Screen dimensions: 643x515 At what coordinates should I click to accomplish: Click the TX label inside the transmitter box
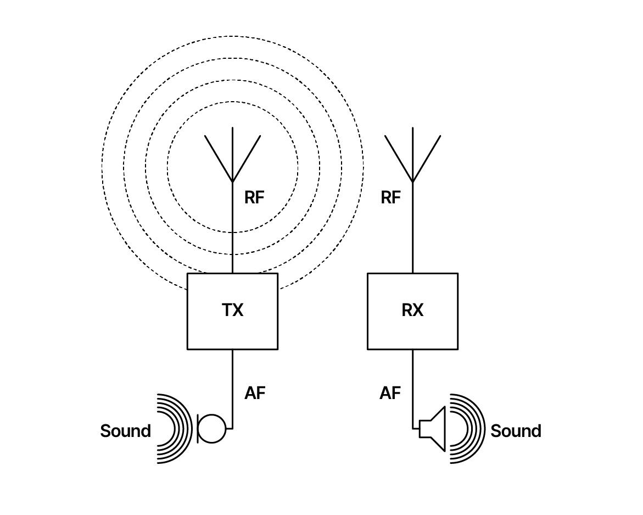[x=232, y=310]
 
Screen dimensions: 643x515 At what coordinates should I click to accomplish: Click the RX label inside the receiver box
[x=412, y=310]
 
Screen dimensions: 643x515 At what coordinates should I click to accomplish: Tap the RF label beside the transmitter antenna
[x=254, y=197]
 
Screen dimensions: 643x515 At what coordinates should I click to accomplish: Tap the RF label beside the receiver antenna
[x=390, y=197]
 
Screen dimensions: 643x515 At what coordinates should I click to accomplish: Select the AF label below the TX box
[x=255, y=393]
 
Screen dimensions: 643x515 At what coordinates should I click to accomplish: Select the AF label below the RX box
[x=390, y=393]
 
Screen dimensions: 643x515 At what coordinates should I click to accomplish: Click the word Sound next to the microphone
[x=126, y=431]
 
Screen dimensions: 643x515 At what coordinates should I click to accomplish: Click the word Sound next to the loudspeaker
[x=516, y=431]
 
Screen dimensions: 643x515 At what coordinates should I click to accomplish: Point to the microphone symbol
[x=211, y=429]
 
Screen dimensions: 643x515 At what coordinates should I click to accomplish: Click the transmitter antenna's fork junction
[x=232, y=181]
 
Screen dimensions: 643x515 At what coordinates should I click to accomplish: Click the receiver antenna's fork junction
[x=412, y=181]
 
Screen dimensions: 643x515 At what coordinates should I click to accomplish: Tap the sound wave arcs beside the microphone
[x=190, y=429]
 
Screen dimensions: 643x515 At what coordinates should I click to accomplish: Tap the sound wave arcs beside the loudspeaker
[x=483, y=429]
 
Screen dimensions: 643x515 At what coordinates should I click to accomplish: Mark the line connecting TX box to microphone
[x=232, y=389]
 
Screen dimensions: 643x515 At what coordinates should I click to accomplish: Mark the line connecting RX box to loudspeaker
[x=412, y=389]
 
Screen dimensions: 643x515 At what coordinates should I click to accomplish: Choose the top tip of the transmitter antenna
[x=232, y=128]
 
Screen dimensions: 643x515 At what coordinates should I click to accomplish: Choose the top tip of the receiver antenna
[x=412, y=128]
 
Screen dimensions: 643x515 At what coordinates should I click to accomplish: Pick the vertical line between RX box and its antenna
[x=412, y=228]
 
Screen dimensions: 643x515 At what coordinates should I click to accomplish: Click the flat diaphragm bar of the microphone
[x=198, y=429]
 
